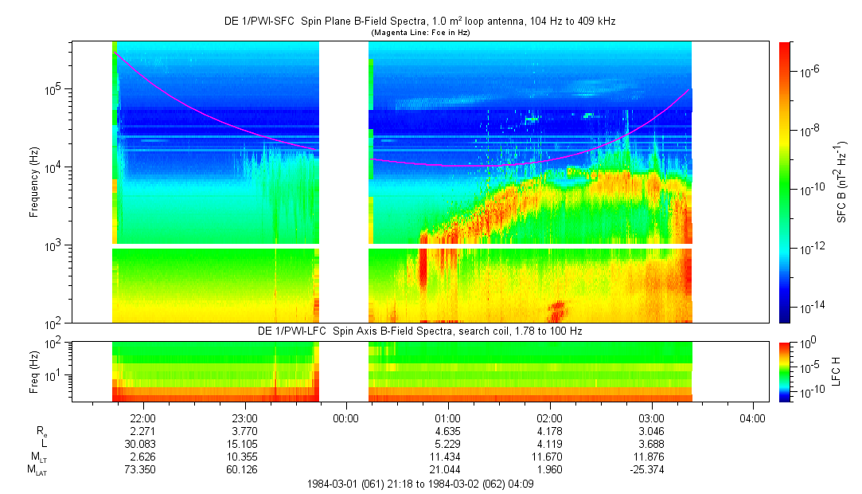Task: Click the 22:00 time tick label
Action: (x=142, y=418)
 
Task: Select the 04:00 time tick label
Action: (x=753, y=418)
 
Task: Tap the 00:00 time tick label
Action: (x=346, y=418)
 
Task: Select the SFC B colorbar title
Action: (x=843, y=182)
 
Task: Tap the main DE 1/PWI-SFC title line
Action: (x=419, y=22)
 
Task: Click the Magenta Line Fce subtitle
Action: (x=420, y=33)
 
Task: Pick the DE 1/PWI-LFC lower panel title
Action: (x=419, y=331)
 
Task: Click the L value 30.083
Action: (x=142, y=443)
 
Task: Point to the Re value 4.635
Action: (x=448, y=430)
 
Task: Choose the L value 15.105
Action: (x=244, y=443)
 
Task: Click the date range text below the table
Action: (x=419, y=484)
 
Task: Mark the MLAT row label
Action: (x=37, y=469)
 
